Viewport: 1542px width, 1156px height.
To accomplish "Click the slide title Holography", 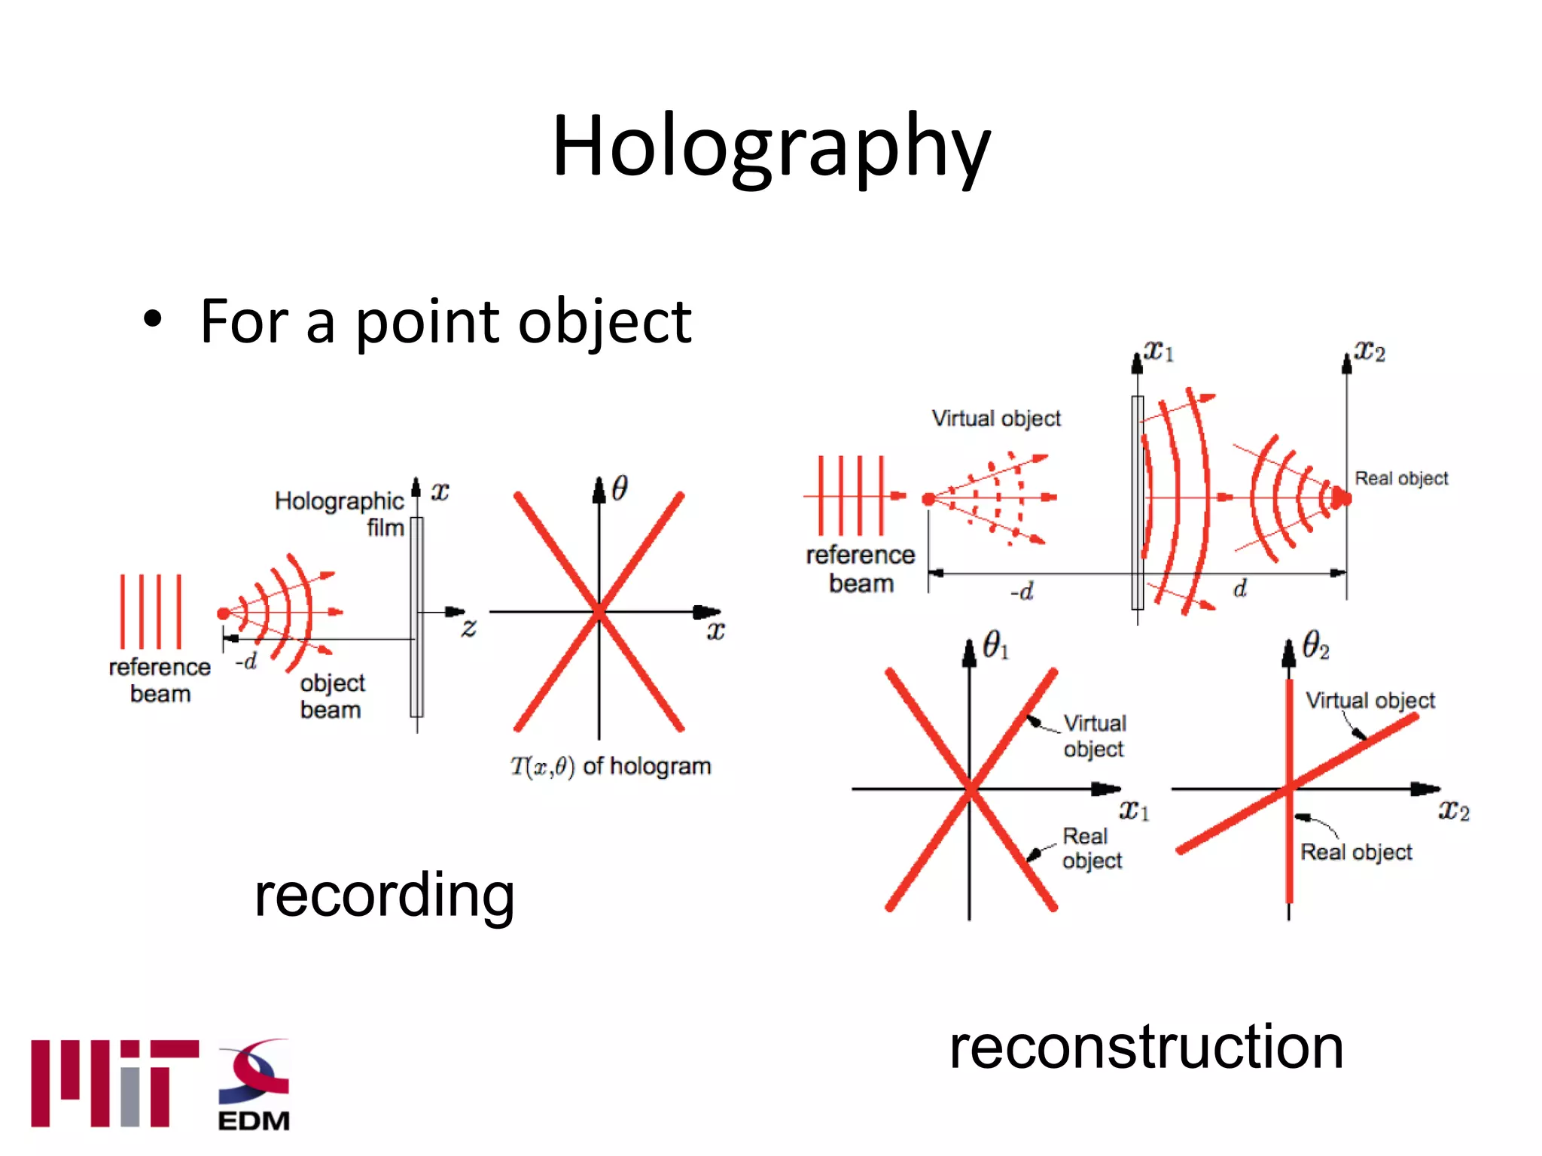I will [x=771, y=147].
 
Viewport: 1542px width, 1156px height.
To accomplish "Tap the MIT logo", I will [x=114, y=1083].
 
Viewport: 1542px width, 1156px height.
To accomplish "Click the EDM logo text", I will [x=254, y=1121].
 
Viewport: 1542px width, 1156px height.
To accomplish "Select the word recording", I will [x=384, y=895].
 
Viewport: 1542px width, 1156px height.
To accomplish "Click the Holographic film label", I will [x=340, y=513].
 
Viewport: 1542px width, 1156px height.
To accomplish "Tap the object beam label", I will [x=331, y=695].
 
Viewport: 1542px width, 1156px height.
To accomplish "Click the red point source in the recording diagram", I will [x=223, y=613].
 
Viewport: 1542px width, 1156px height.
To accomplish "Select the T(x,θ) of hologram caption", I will [x=610, y=766].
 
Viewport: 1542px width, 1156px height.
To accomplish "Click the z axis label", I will [x=469, y=626].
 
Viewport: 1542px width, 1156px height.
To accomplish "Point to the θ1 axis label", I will [x=995, y=646].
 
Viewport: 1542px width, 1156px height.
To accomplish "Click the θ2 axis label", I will [x=1315, y=646].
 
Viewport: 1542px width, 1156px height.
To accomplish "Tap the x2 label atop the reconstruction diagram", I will [x=1369, y=351].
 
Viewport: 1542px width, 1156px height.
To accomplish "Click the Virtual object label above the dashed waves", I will [x=995, y=418].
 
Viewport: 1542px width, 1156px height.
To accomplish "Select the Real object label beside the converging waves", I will [x=1400, y=479].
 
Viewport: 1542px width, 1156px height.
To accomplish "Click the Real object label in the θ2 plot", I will [x=1356, y=852].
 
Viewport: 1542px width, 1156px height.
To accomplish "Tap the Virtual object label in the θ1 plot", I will [x=1094, y=735].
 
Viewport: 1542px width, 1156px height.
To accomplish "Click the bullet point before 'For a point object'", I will [x=153, y=320].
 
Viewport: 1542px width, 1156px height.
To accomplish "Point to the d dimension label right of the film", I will [x=1240, y=589].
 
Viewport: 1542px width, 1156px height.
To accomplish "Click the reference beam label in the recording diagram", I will [x=160, y=680].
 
